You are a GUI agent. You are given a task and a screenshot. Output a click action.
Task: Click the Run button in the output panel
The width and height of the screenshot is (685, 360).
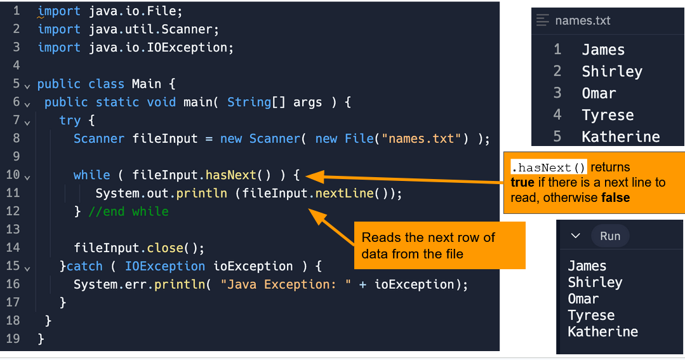point(609,236)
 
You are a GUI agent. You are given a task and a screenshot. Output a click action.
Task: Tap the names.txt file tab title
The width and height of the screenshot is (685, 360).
point(582,20)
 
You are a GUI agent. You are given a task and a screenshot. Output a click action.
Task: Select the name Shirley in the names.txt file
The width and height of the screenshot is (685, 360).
point(611,72)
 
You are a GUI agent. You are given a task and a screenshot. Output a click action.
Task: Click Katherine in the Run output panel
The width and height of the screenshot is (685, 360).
point(602,331)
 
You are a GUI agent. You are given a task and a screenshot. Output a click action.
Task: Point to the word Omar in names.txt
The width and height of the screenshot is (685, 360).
point(599,93)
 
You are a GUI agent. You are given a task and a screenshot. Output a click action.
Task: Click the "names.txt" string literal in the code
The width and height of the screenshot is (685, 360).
point(421,138)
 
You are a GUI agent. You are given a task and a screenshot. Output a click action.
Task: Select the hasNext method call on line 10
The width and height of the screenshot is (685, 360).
point(230,175)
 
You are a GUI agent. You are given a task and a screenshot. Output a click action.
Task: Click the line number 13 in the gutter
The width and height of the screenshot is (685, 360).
point(13,229)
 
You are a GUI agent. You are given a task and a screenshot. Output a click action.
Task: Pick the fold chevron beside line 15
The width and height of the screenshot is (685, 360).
point(27,267)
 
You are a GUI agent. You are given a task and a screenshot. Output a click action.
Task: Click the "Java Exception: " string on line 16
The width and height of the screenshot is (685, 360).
point(286,284)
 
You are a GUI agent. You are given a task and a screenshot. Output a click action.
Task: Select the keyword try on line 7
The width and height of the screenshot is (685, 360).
point(70,121)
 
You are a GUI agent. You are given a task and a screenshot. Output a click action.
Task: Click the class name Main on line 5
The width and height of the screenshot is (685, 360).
point(146,84)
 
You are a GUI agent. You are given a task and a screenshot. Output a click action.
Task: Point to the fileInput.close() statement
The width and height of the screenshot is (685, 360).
point(139,248)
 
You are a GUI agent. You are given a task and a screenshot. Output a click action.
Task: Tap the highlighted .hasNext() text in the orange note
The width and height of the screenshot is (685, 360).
point(549,168)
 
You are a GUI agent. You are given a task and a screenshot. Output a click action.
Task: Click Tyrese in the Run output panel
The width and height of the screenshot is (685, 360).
point(590,315)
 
